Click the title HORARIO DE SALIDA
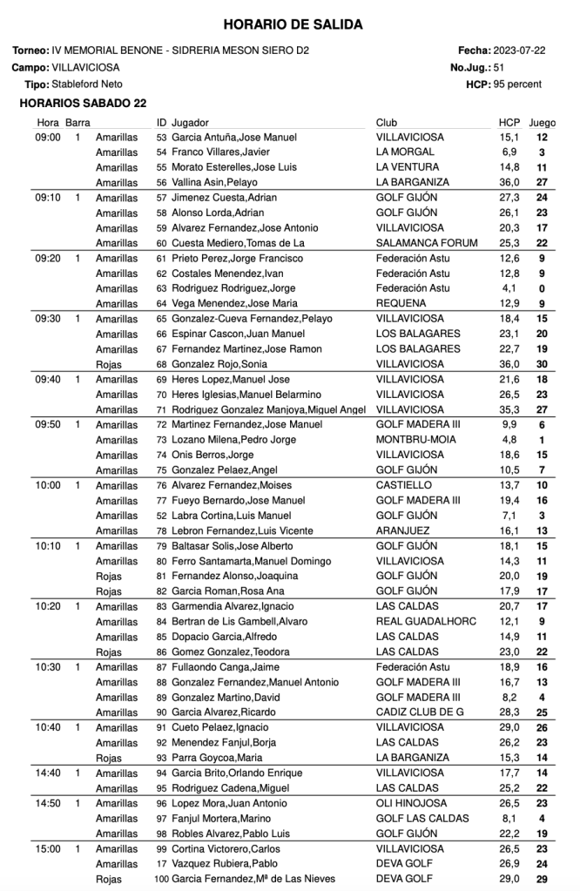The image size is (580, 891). click(293, 25)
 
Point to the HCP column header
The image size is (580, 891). click(509, 123)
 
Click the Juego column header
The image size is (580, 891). click(543, 123)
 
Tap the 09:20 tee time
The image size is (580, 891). click(48, 259)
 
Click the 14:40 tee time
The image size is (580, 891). click(48, 773)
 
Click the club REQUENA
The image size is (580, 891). click(400, 304)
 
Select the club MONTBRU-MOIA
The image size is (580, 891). click(415, 440)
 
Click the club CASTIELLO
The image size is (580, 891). click(404, 485)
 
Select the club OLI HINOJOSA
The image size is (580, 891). click(412, 803)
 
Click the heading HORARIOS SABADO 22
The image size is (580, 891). click(83, 103)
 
